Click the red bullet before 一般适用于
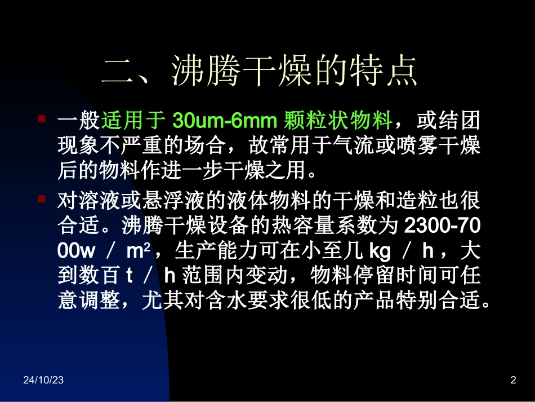pyautogui.click(x=42, y=120)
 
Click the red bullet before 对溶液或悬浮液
pyautogui.click(x=42, y=199)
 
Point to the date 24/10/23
pyautogui.click(x=43, y=381)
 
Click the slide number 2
pyautogui.click(x=512, y=381)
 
